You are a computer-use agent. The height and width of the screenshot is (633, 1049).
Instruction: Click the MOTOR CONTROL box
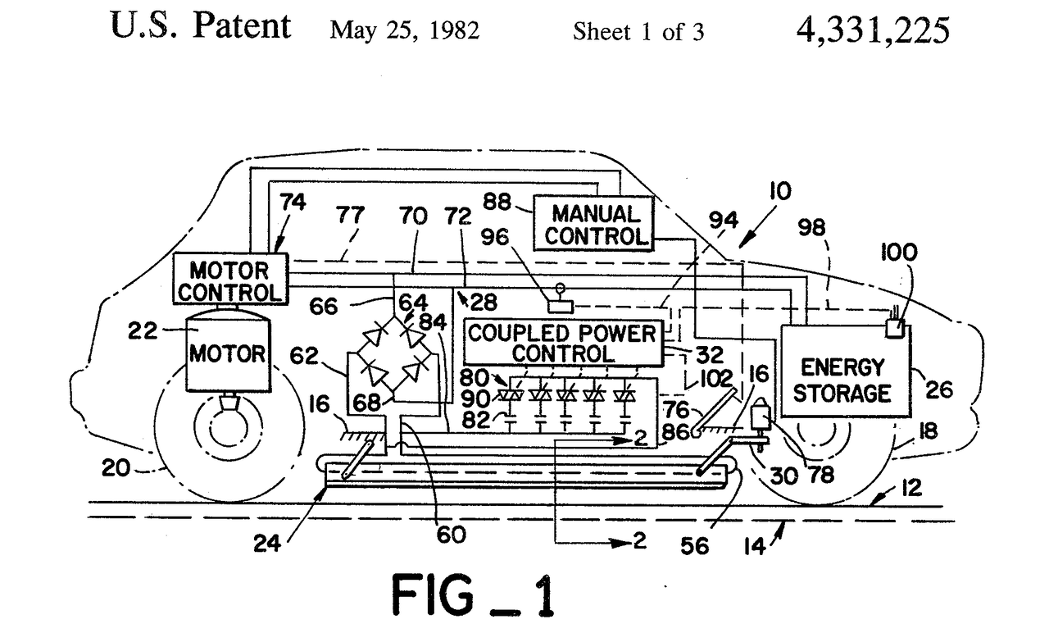coord(230,280)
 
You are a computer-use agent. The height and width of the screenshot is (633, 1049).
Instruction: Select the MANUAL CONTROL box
coord(594,224)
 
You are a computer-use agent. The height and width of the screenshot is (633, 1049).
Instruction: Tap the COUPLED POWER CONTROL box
coord(563,343)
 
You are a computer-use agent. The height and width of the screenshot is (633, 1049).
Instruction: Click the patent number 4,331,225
coord(873,30)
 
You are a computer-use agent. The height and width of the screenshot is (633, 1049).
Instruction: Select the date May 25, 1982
coord(404,32)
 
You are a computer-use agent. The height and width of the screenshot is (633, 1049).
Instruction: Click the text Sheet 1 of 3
coord(638,33)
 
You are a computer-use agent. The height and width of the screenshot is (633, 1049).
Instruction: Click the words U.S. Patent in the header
coord(200,27)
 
